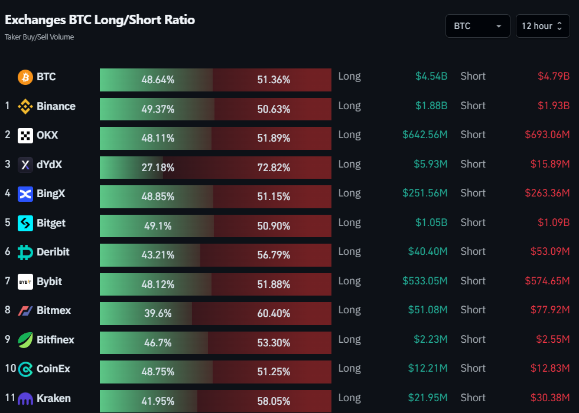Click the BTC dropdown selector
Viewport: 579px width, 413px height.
(x=477, y=26)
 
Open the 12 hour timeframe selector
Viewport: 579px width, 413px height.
(x=542, y=26)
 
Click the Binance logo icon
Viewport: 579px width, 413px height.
(x=25, y=106)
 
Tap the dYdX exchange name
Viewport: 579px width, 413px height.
(x=49, y=165)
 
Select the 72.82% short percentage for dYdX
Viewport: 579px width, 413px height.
(x=274, y=168)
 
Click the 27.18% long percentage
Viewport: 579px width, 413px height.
(x=158, y=168)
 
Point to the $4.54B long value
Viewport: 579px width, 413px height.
(x=431, y=76)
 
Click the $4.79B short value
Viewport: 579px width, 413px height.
(x=553, y=76)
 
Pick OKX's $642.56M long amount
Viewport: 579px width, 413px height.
(x=425, y=135)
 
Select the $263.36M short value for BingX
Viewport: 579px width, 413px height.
(x=547, y=193)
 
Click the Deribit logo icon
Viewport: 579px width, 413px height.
(x=25, y=253)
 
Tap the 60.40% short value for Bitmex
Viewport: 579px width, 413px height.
(x=274, y=313)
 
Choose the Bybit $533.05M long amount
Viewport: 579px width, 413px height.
(x=425, y=281)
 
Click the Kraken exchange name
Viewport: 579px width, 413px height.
(x=54, y=398)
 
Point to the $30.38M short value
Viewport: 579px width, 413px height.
(x=549, y=398)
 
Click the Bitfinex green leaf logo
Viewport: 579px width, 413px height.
(x=25, y=340)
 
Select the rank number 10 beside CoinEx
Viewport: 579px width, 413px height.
(x=10, y=369)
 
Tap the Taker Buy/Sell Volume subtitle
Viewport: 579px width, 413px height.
(x=39, y=37)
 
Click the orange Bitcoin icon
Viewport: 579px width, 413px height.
(x=25, y=77)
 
